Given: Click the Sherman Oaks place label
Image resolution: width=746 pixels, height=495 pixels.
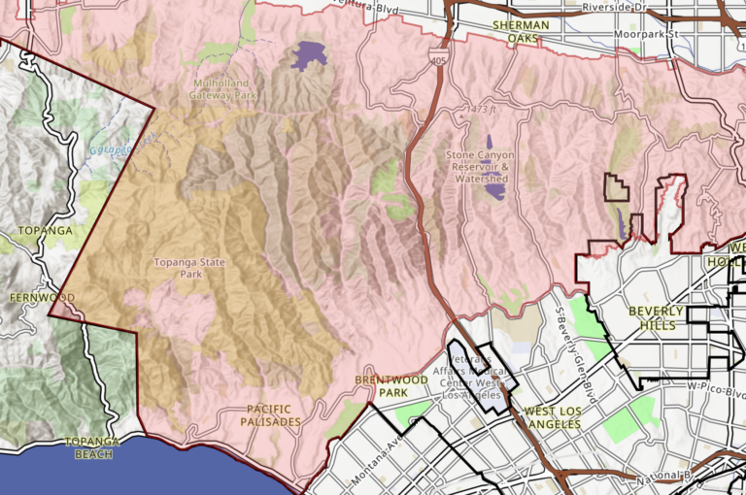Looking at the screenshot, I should [x=521, y=31].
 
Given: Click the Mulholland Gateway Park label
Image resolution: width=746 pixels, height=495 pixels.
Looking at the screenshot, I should [x=224, y=89].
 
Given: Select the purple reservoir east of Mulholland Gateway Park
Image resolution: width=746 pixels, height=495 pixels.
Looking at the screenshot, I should [x=308, y=55].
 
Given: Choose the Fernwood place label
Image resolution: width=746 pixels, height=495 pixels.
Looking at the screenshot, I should [x=42, y=296].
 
